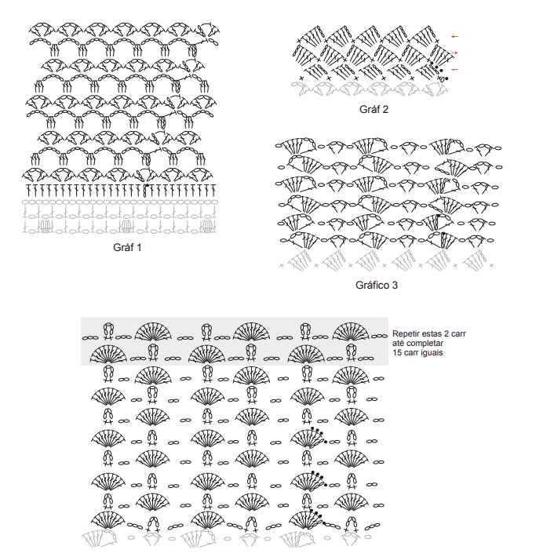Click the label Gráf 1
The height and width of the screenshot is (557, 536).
pos(127,247)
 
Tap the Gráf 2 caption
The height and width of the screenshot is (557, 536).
pos(374,109)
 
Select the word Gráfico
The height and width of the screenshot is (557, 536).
pos(372,285)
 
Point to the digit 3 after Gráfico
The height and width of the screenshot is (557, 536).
pos(395,285)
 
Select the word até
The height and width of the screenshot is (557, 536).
pos(398,343)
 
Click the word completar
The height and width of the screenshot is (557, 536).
pos(425,344)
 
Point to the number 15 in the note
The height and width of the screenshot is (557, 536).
pos(396,352)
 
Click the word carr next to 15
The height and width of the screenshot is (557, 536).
pos(410,353)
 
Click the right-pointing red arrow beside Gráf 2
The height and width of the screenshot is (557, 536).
pos(454,53)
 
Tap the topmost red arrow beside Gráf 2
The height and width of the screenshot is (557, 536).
pos(454,36)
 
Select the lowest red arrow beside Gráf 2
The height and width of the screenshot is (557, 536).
pos(454,70)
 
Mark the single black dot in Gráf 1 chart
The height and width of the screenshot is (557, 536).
pos(148,185)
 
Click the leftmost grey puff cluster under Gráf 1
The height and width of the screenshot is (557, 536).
pos(45,227)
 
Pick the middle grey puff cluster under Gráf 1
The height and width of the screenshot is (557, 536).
pos(126,227)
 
